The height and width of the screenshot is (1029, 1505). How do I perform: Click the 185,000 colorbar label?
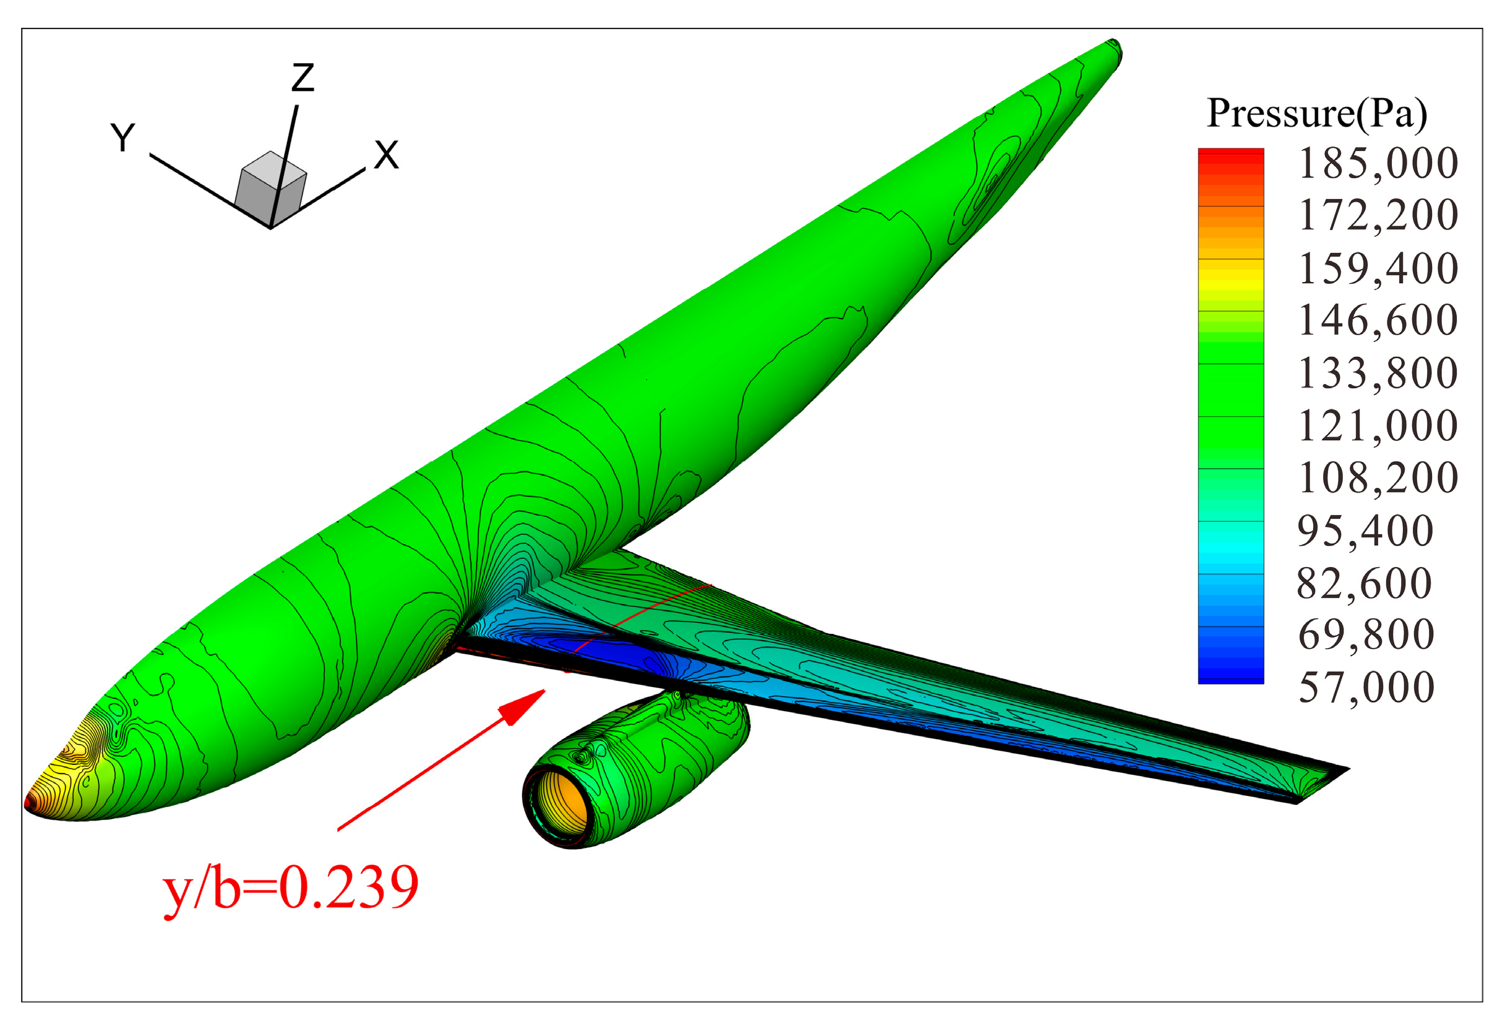pos(1378,163)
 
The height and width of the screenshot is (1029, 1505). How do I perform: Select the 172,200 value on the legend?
pos(1378,216)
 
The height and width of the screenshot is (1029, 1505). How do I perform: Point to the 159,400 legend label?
pos(1378,269)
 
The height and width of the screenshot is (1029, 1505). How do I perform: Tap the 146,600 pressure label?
pos(1378,320)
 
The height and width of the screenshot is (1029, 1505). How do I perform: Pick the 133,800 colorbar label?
pos(1378,374)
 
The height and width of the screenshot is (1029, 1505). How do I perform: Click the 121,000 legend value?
pos(1378,426)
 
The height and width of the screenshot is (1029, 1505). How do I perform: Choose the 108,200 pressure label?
pos(1378,479)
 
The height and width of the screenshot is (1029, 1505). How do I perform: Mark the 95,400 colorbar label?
pos(1366,532)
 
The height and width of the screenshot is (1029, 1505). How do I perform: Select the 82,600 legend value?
pos(1366,584)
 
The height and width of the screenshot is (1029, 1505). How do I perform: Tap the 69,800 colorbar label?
pos(1366,634)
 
